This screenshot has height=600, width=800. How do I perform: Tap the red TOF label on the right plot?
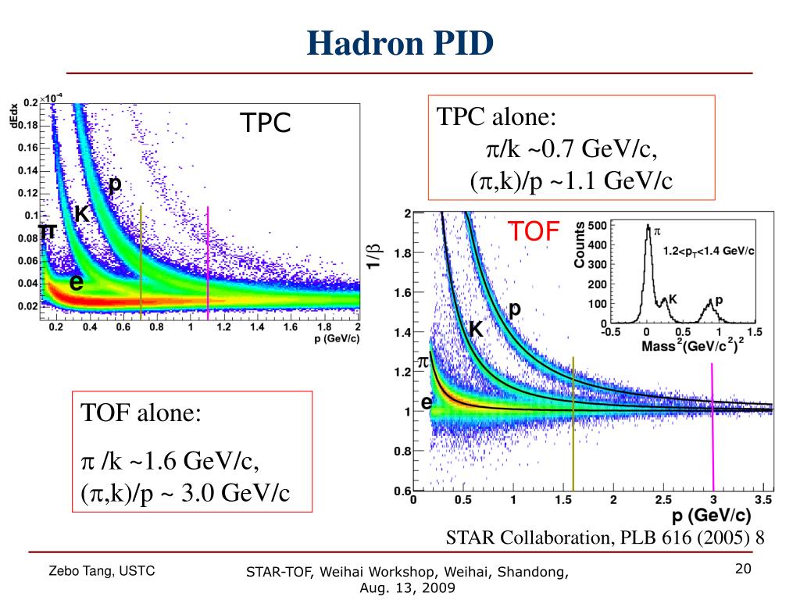[x=534, y=230]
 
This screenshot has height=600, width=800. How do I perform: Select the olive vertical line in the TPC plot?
[x=141, y=258]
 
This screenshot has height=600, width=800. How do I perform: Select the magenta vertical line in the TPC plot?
[x=208, y=258]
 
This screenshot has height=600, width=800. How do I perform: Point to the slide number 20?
[x=743, y=569]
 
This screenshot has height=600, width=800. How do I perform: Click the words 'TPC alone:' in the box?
[x=496, y=118]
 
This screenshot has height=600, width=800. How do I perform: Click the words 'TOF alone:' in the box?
[x=141, y=413]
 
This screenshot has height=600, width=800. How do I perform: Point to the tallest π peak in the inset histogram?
[x=647, y=228]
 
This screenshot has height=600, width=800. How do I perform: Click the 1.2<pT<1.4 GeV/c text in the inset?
[x=709, y=252]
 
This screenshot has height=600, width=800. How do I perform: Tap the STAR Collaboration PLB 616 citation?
[x=604, y=537]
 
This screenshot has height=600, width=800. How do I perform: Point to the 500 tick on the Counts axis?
[x=597, y=226]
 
